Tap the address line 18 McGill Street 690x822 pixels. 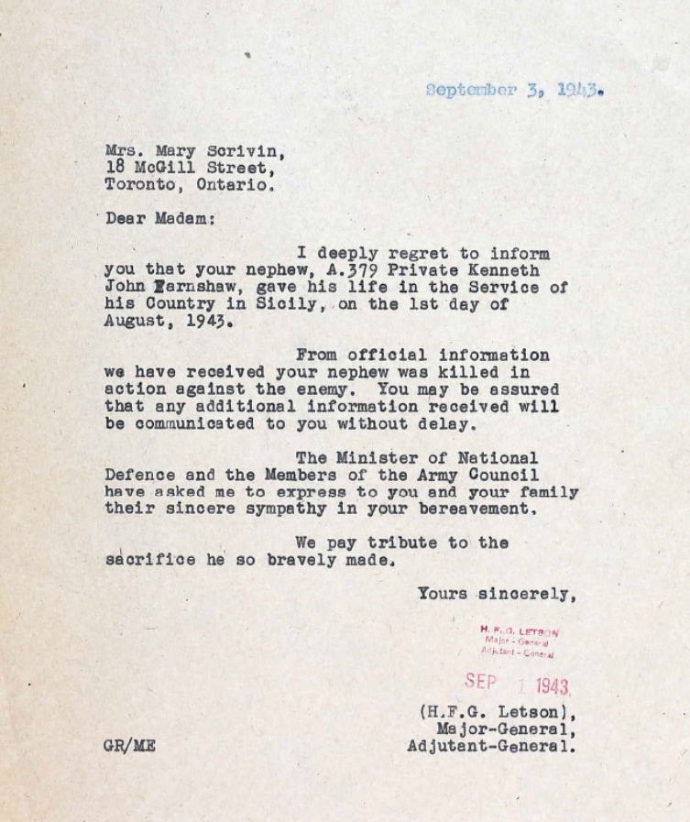click(x=188, y=168)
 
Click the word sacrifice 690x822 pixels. click(x=149, y=560)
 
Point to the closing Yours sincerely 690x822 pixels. click(x=497, y=594)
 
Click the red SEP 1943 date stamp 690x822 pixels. click(x=517, y=683)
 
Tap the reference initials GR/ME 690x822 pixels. click(x=129, y=746)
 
